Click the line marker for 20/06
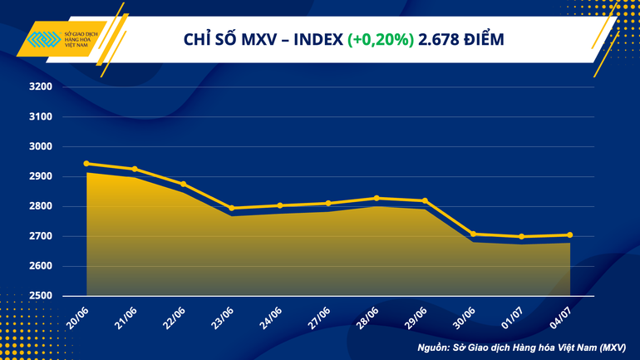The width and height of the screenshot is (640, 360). point(86,164)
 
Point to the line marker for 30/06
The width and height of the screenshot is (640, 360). point(473,234)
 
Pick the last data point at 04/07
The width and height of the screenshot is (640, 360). point(569,235)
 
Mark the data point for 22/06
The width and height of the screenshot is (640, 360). point(183,184)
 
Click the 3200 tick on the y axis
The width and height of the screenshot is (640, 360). point(41,87)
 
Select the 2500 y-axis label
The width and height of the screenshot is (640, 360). point(41,296)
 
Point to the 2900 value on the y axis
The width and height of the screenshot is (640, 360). point(41,177)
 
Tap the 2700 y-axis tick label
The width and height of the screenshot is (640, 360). point(41,237)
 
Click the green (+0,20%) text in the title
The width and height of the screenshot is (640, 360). point(382,39)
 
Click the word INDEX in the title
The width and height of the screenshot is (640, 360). point(315,39)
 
